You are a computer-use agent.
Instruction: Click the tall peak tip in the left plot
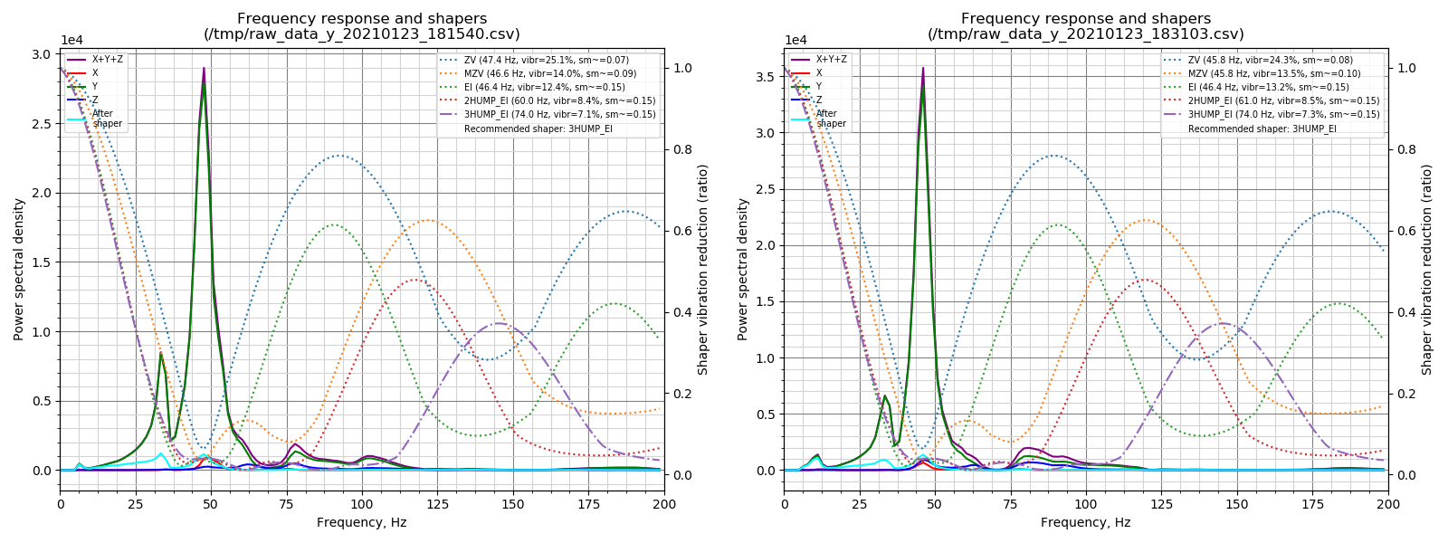204,69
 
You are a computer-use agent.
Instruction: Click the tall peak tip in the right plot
923,69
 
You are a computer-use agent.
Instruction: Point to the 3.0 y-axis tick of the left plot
42,54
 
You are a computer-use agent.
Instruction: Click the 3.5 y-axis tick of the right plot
766,77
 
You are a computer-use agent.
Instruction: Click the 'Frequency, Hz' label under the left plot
361,522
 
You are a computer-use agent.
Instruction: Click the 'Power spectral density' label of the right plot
743,269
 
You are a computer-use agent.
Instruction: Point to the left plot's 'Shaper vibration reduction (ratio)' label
703,269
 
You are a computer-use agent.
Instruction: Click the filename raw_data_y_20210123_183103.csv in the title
1086,34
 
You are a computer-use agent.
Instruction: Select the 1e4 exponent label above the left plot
72,40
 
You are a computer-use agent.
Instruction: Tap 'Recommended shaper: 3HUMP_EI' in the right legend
1262,129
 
